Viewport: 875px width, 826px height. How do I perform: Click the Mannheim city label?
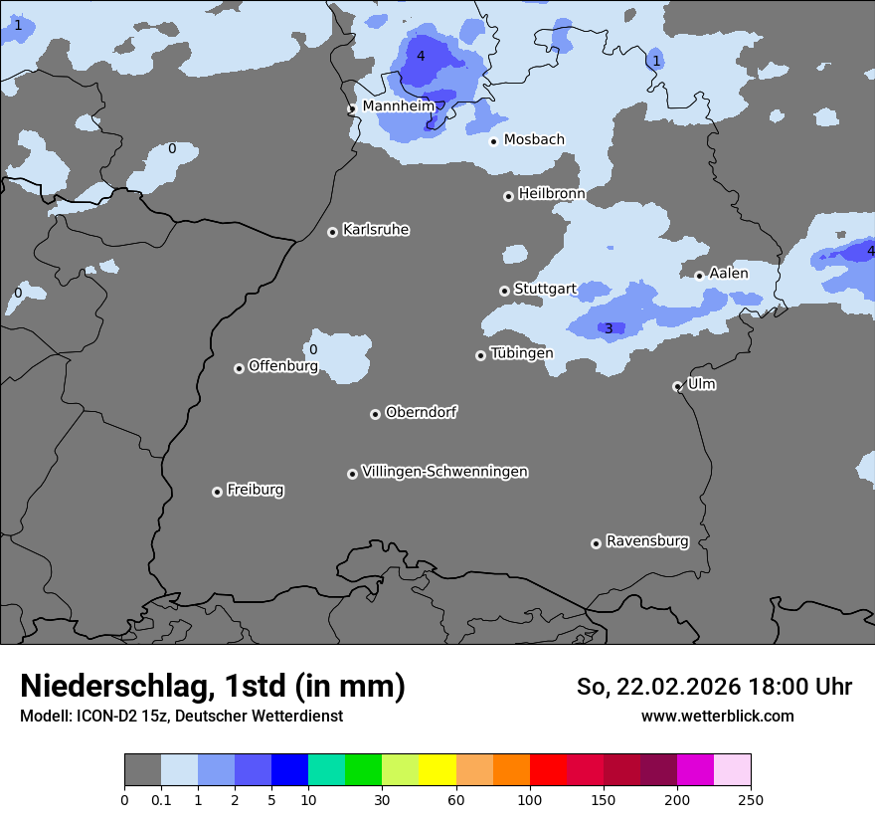pos(398,105)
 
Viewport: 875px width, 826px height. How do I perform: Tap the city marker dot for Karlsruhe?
pos(332,232)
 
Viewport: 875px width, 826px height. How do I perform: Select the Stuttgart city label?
pos(545,289)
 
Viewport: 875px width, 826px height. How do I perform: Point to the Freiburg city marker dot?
pos(217,492)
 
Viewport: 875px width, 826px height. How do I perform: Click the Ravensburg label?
pos(647,541)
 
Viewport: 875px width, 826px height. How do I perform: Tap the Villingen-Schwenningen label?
pos(444,472)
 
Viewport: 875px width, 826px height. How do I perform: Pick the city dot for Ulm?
pos(677,386)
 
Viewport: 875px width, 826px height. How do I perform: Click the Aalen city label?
pos(728,273)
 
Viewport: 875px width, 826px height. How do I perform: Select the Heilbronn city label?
pos(552,193)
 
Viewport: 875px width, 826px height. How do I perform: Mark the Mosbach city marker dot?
pos(493,141)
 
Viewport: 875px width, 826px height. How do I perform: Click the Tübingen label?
pos(521,353)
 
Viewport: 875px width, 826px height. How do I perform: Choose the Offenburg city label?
pos(283,366)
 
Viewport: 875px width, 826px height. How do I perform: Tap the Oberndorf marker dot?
pos(375,414)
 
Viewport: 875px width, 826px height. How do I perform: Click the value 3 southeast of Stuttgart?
pos(609,328)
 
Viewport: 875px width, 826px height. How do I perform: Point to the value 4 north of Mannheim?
pos(421,56)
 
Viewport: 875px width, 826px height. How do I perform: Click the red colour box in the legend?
pos(548,770)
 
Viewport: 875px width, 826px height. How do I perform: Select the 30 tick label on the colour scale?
pos(382,800)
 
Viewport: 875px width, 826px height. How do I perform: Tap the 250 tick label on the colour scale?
pos(751,800)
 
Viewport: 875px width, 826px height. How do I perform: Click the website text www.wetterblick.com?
pos(717,716)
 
